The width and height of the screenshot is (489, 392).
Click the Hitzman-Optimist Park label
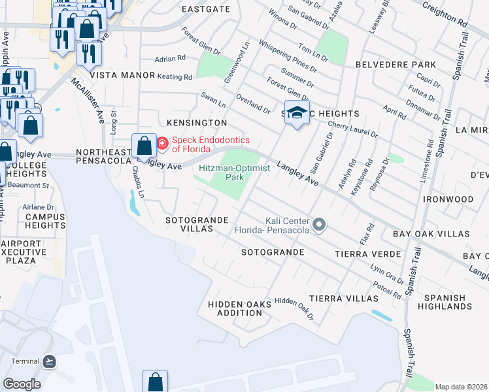(222, 172)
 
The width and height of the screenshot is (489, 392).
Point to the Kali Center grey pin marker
(319, 225)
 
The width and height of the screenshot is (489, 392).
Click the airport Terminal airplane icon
(49, 361)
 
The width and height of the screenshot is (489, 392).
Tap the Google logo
(22, 384)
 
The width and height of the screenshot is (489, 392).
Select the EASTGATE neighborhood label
(206, 9)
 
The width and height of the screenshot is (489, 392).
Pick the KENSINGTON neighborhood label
(197, 123)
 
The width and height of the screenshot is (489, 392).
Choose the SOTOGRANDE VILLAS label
(197, 224)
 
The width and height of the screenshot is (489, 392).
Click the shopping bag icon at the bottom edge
(156, 382)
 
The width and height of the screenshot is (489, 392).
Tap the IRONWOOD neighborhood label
(448, 199)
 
